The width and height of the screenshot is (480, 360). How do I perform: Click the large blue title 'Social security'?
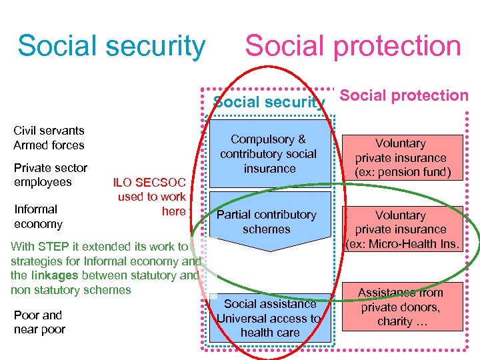pyautogui.click(x=111, y=46)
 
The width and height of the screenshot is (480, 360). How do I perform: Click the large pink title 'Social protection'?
pyautogui.click(x=353, y=46)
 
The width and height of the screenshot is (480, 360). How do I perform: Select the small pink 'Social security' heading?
pyautogui.click(x=269, y=102)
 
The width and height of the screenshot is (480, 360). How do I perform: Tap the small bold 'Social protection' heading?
pyautogui.click(x=404, y=95)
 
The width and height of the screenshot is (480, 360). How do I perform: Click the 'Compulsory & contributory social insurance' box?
pyautogui.click(x=269, y=154)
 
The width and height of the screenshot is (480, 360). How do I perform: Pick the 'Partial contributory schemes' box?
pyautogui.click(x=267, y=221)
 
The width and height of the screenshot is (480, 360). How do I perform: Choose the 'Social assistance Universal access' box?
pyautogui.click(x=269, y=318)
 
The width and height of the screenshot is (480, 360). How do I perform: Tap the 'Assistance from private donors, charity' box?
pyautogui.click(x=401, y=307)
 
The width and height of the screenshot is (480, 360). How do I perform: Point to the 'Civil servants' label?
pyautogui.click(x=49, y=131)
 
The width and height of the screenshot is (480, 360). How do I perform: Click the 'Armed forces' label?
pyautogui.click(x=49, y=145)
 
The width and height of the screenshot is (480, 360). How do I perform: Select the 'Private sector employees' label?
pyautogui.click(x=50, y=175)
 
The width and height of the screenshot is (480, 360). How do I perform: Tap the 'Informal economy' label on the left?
pyautogui.click(x=38, y=217)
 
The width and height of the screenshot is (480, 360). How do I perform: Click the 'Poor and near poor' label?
pyautogui.click(x=39, y=322)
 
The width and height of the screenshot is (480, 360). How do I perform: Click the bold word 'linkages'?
pyautogui.click(x=56, y=275)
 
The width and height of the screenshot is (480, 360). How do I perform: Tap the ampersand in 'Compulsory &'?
pyautogui.click(x=301, y=139)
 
